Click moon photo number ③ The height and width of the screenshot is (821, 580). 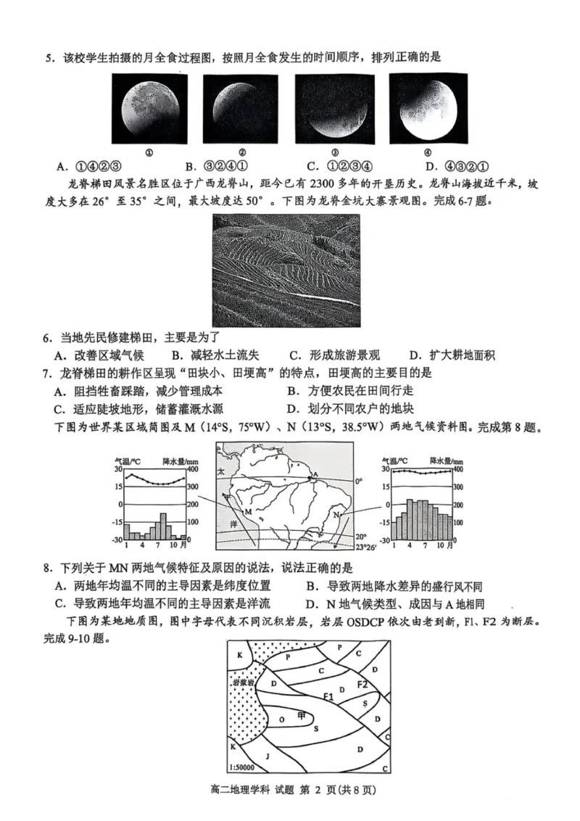pyautogui.click(x=334, y=109)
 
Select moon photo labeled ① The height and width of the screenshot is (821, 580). pyautogui.click(x=148, y=109)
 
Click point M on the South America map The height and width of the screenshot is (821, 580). pyautogui.click(x=248, y=512)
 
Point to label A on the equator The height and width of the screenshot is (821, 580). pyautogui.click(x=313, y=476)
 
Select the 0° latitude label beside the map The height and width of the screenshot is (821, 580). pyautogui.click(x=358, y=481)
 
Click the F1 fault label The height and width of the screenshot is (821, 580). pyautogui.click(x=328, y=696)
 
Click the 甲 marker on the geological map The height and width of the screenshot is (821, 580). pyautogui.click(x=302, y=715)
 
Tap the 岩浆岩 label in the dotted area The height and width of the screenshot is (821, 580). pyautogui.click(x=243, y=683)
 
